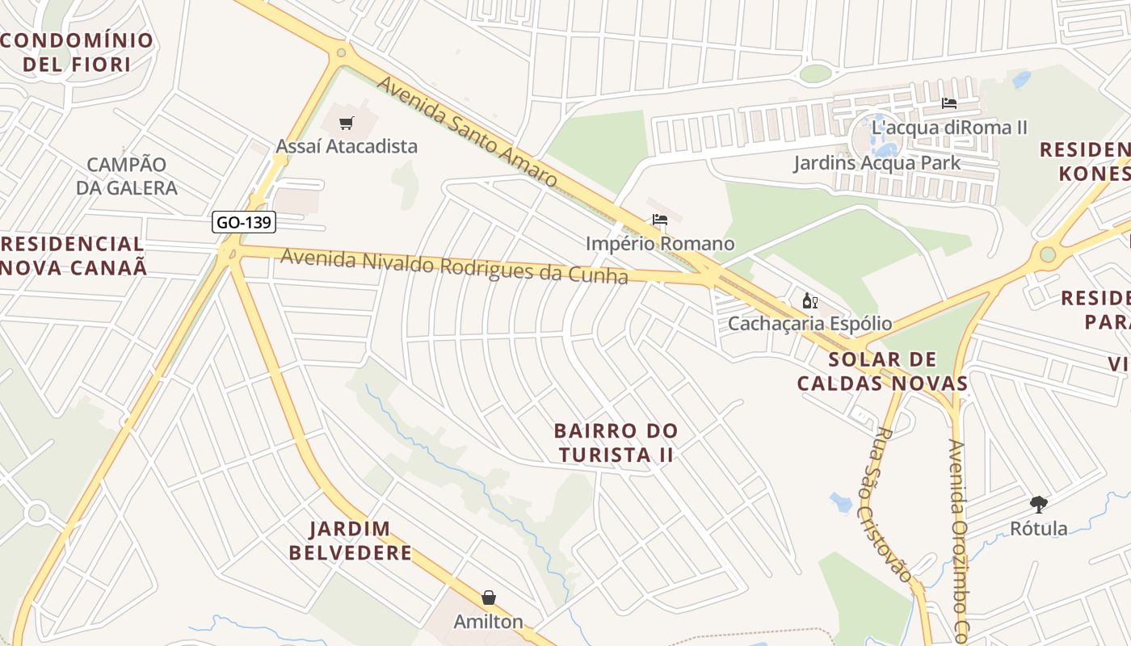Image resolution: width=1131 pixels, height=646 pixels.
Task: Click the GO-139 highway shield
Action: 244,222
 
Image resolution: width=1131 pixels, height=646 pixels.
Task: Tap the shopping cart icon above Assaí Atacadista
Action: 347,124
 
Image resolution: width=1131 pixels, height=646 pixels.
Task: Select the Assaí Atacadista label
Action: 347,146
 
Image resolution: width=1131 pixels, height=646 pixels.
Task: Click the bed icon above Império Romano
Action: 660,220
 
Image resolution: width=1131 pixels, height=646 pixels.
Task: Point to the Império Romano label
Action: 660,243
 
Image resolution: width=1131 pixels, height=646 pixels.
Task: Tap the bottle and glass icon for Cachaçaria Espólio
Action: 809,301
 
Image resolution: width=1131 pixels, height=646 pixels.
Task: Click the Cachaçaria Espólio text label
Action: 809,324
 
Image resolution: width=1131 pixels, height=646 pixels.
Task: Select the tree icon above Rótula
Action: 1039,505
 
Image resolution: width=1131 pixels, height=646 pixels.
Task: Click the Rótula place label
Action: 1039,528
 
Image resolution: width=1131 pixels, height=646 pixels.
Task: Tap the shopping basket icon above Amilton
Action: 489,598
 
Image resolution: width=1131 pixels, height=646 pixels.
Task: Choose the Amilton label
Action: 489,622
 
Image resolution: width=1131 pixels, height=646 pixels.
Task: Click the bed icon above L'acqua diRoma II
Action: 949,103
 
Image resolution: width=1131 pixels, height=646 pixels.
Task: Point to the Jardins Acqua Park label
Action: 877,162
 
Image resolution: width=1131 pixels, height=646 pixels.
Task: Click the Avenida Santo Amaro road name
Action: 467,132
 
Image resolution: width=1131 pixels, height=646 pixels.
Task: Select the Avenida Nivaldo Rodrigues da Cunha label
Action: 454,267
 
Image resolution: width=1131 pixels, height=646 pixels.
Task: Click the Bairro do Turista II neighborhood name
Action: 616,442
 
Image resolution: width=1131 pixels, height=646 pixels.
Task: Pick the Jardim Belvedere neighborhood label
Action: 351,541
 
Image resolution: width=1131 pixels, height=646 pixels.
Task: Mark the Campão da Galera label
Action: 127,176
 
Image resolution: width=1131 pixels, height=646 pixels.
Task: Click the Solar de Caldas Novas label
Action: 882,371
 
